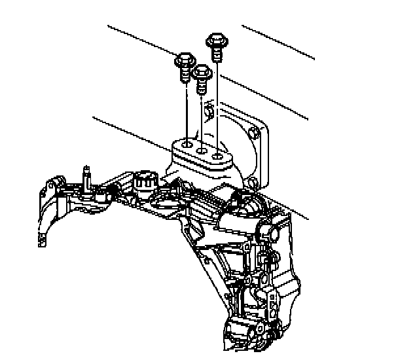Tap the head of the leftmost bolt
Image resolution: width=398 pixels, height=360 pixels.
pos(185,62)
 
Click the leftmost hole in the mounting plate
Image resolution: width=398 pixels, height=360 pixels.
pos(187,142)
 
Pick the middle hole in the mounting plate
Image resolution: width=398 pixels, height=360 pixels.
pos(202,150)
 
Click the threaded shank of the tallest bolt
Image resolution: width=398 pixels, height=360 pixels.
pos(216,52)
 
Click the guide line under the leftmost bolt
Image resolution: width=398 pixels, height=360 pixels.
pos(187,111)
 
